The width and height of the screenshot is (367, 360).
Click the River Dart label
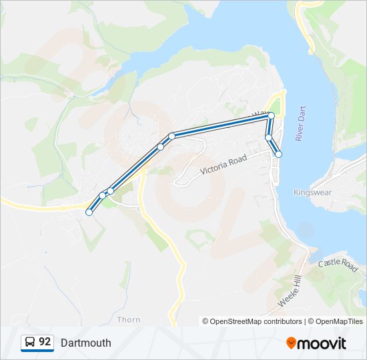click(300, 127)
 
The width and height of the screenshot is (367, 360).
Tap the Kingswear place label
click(312, 192)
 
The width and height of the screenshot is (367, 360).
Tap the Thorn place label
click(129, 319)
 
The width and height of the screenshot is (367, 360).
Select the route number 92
click(45, 342)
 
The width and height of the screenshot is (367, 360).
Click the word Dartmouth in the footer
click(85, 343)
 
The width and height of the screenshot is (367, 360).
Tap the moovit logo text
click(322, 343)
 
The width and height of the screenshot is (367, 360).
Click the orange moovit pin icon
click(291, 343)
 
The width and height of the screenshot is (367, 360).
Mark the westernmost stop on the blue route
click(89, 213)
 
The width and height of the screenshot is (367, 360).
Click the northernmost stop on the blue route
click(271, 116)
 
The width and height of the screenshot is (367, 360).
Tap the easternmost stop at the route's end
click(278, 154)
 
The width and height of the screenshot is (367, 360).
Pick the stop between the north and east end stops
click(268, 138)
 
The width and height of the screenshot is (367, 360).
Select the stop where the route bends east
click(171, 136)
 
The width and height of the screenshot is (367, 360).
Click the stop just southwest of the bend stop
click(160, 147)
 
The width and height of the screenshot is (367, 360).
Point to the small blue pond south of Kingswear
click(305, 231)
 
